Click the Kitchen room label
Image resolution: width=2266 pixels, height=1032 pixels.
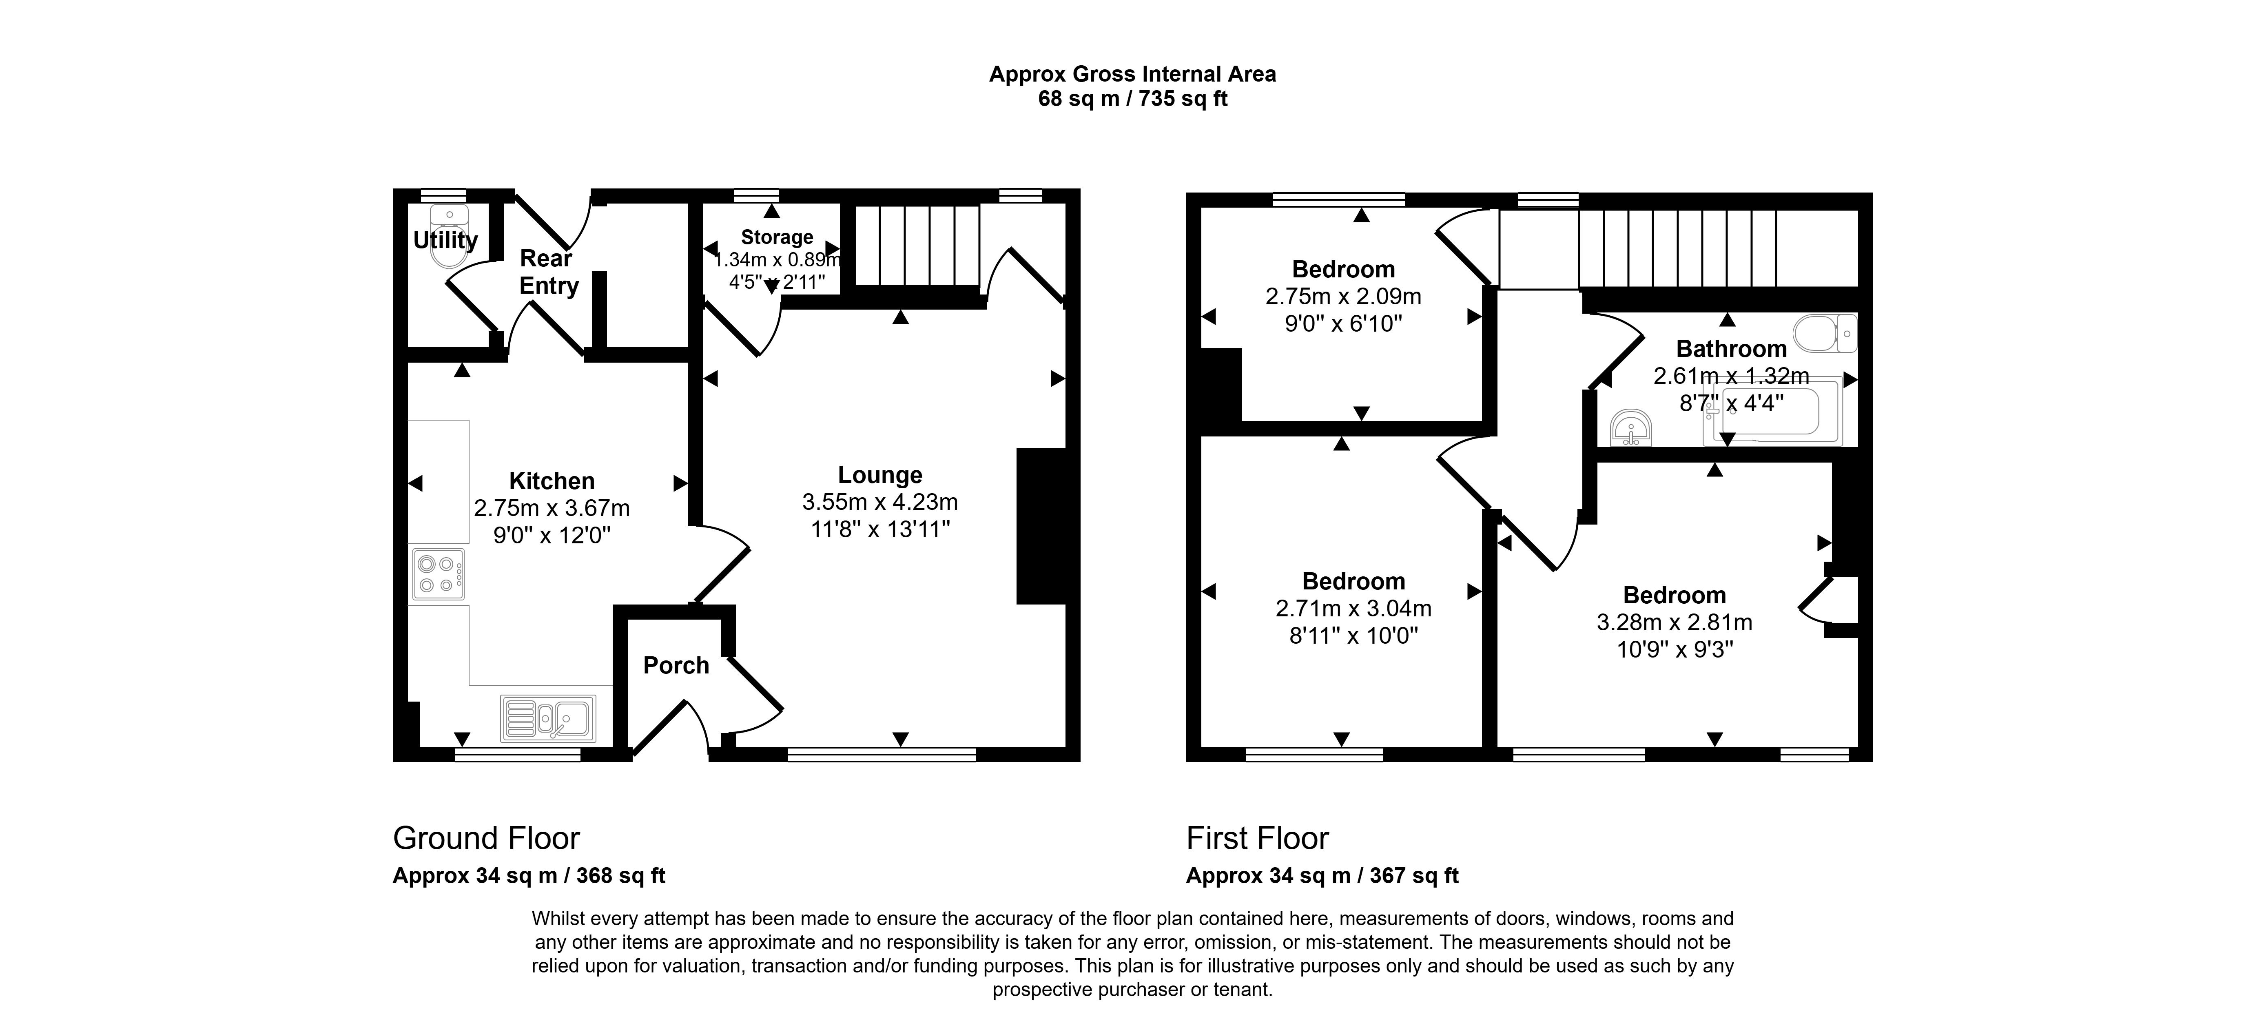pyautogui.click(x=552, y=481)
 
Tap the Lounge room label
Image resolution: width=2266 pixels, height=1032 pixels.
pyautogui.click(x=879, y=475)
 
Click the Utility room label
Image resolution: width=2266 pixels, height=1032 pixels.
pyautogui.click(x=445, y=239)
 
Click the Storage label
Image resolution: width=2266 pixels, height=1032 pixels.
pyautogui.click(x=777, y=237)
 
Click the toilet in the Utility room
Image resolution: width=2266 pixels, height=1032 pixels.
pyautogui.click(x=449, y=236)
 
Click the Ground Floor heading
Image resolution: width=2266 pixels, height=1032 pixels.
pyautogui.click(x=487, y=838)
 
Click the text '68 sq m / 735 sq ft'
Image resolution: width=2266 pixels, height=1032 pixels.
pyautogui.click(x=1133, y=99)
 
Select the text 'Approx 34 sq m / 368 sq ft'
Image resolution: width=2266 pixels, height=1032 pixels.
pyautogui.click(x=529, y=876)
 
